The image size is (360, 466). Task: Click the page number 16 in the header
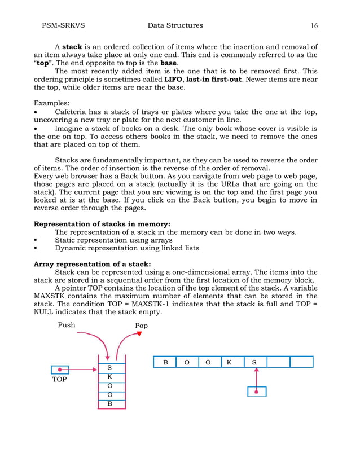click(x=314, y=25)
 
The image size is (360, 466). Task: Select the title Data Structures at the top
click(x=175, y=25)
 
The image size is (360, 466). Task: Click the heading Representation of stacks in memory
click(x=102, y=223)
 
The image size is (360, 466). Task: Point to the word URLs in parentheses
click(x=218, y=184)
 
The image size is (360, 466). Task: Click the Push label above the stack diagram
click(x=67, y=326)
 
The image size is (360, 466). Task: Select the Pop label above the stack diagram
click(x=141, y=326)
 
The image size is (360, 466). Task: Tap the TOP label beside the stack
click(x=59, y=380)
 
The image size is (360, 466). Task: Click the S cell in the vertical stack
click(x=109, y=367)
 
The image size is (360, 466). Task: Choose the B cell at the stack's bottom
click(x=109, y=404)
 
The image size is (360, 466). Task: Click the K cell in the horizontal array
click(x=233, y=362)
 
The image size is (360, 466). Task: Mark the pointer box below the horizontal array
click(x=257, y=391)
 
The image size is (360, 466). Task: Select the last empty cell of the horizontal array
click(x=302, y=362)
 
